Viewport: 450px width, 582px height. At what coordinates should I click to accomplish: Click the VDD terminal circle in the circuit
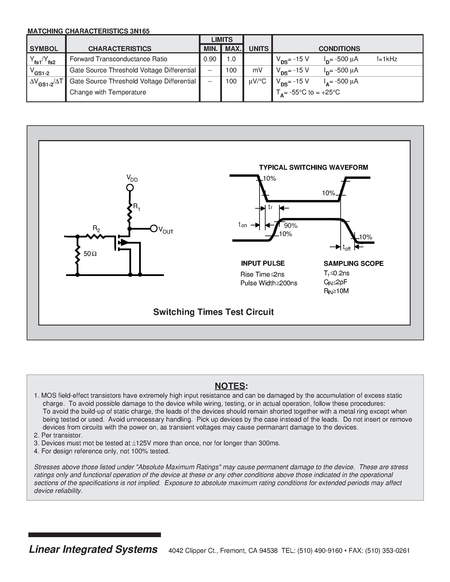[130, 188]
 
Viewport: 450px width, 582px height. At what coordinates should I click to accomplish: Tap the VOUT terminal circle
[154, 228]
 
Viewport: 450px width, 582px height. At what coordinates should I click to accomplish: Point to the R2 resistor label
[96, 228]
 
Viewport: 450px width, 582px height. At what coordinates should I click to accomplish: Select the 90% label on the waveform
[291, 226]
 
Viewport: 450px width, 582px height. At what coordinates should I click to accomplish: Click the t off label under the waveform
[347, 248]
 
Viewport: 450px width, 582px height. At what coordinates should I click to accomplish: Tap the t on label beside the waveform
[243, 225]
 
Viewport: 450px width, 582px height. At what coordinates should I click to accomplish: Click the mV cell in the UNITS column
[258, 70]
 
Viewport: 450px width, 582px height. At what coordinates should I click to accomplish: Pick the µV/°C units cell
[258, 81]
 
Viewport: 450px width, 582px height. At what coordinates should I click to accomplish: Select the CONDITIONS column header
[339, 49]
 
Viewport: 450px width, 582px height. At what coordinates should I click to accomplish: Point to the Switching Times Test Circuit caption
[213, 312]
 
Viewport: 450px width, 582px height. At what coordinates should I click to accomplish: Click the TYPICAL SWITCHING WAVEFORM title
[313, 168]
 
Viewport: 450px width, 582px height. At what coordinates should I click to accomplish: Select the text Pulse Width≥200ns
[269, 283]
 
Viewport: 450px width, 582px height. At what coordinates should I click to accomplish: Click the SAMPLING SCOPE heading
[353, 263]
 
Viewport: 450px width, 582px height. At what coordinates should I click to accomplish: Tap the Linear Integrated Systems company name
[93, 549]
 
